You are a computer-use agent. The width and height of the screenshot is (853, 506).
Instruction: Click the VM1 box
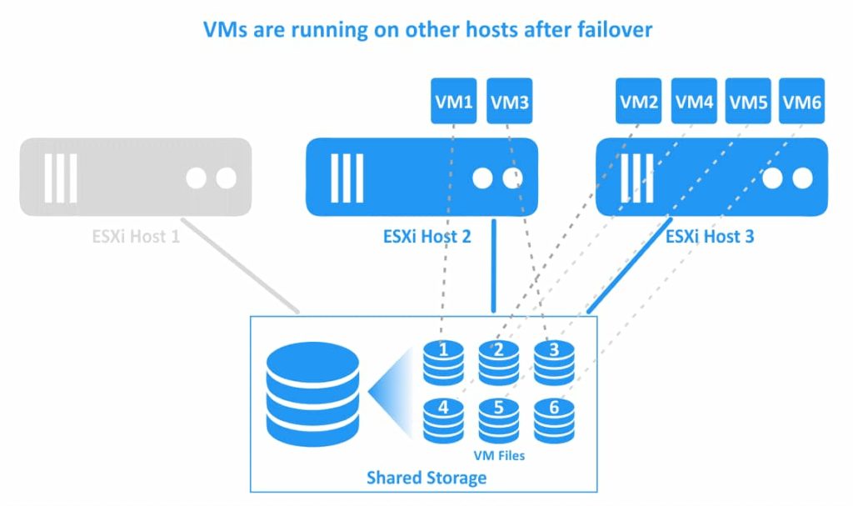[x=454, y=102]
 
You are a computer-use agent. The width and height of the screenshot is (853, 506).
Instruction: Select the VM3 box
[x=509, y=102]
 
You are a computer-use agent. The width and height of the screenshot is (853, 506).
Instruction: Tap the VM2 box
[x=640, y=102]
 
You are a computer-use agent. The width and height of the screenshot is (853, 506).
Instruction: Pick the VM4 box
[x=694, y=102]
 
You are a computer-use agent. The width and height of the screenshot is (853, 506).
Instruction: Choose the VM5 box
[x=749, y=102]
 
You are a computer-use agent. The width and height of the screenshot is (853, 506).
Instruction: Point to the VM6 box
[x=803, y=102]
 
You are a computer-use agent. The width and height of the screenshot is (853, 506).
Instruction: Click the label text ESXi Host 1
[x=136, y=237]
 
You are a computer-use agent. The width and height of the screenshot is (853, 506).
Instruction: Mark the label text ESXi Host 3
[x=710, y=237]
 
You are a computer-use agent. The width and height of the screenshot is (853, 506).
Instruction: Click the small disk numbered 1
[x=443, y=361]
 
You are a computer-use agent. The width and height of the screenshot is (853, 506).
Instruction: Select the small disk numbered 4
[x=443, y=419]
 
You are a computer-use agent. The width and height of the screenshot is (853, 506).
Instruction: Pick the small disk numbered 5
[x=498, y=419]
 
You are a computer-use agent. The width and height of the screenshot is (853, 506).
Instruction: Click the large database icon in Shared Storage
[x=312, y=394]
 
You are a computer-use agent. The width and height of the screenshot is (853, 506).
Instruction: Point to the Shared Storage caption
[x=426, y=478]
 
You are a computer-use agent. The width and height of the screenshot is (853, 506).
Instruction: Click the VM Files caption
[x=499, y=456]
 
